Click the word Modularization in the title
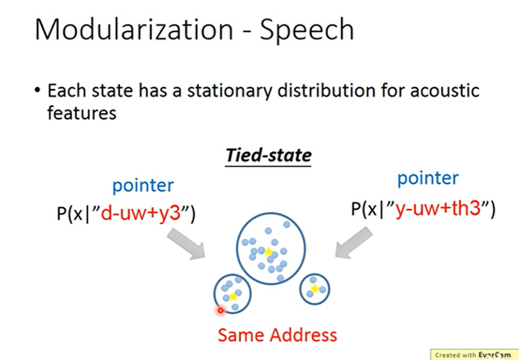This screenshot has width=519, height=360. point(134,29)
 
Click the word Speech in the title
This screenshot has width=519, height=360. point(307,32)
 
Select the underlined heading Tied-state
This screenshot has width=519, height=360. point(269,155)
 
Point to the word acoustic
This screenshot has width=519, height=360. point(445,90)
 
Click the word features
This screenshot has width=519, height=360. point(82,112)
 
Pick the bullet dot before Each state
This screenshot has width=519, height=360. point(37,90)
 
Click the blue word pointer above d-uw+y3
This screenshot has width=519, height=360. point(143,187)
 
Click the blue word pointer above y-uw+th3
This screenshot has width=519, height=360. point(428,179)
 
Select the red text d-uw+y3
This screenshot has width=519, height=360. point(141,213)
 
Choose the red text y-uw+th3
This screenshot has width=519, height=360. point(437,209)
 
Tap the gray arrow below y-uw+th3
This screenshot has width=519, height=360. point(353,243)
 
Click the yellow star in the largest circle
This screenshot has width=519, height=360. point(269,252)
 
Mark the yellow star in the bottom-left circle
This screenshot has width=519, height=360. point(233,296)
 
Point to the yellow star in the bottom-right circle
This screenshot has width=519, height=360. point(315,289)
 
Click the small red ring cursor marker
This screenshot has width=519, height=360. point(220,310)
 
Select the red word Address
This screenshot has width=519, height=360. point(304,336)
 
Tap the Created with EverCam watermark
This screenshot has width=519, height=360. point(474,355)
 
